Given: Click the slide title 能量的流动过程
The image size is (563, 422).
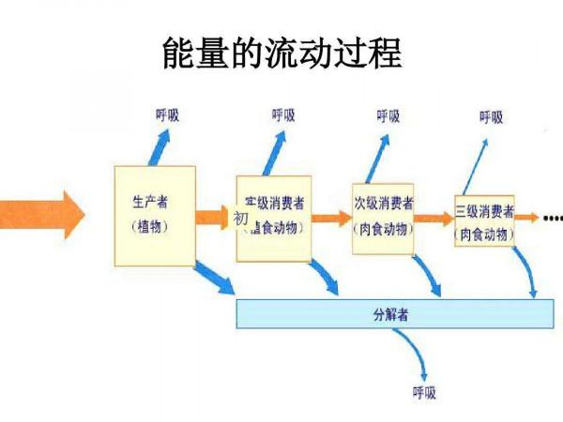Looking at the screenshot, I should coord(281,53).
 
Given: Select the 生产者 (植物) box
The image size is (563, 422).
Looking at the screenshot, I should coord(154,215).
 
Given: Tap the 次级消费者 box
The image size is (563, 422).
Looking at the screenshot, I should coord(383,217).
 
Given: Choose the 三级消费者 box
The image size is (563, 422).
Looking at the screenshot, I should coord(484,221).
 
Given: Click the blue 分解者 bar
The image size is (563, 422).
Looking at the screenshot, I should coord(394,313).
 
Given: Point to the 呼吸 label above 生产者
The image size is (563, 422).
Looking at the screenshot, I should coord(167,115).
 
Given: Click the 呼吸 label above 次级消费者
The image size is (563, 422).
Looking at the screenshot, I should coord(388,116).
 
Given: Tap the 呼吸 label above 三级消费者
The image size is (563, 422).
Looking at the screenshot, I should coord(491,117).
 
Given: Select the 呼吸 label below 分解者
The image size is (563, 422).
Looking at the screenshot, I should coord(424,392).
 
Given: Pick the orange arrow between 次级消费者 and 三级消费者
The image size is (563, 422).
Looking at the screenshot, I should coord(434,219).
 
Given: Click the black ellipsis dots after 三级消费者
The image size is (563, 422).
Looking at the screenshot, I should coord(553,219).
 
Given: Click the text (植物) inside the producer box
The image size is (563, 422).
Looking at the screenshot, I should coord(150,227).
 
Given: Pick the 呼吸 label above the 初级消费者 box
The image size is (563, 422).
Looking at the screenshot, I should coord(283,115).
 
